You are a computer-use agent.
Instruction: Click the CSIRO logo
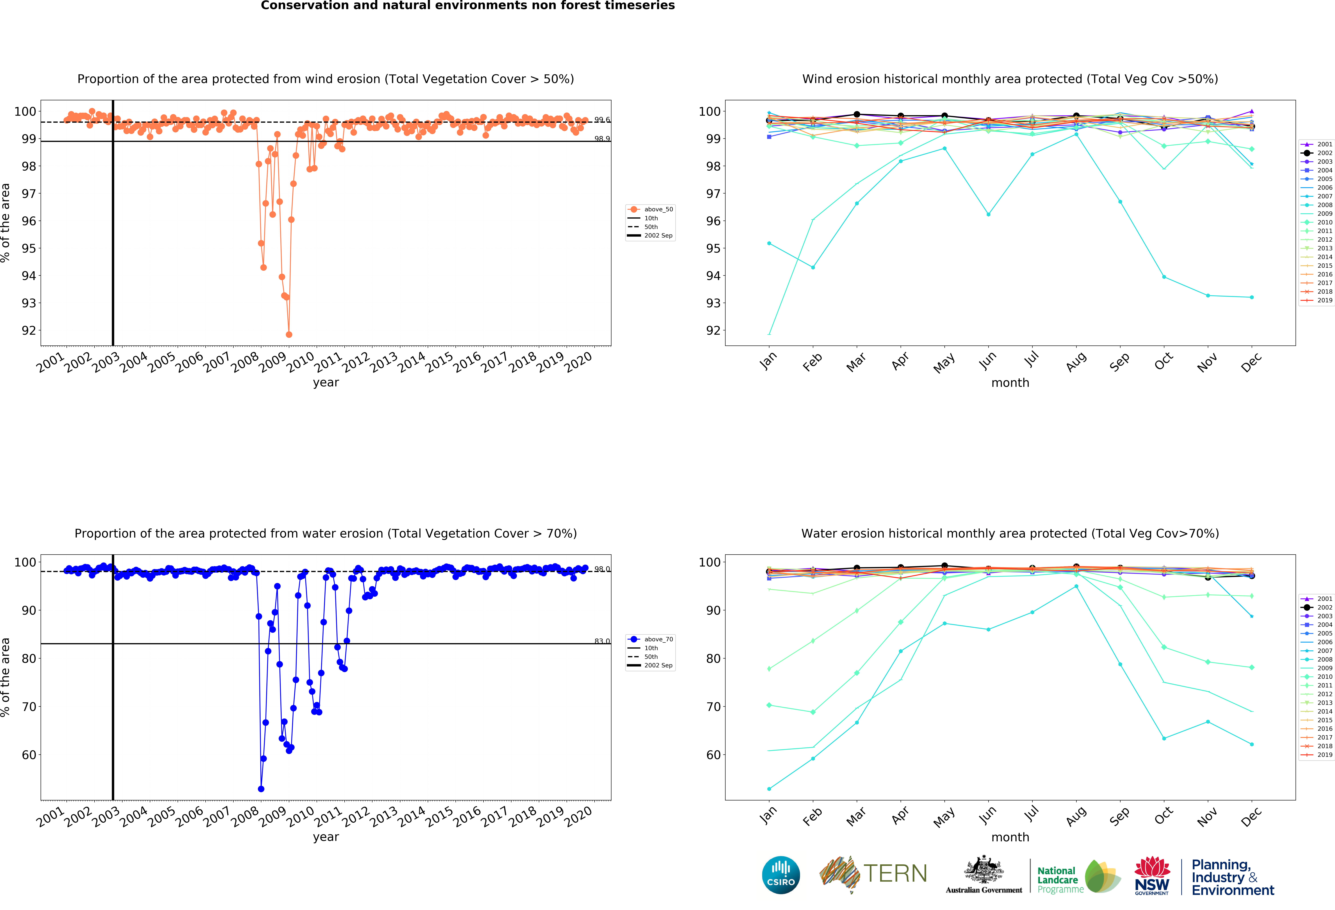pyautogui.click(x=781, y=875)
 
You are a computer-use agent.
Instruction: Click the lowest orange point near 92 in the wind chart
pyautogui.click(x=289, y=334)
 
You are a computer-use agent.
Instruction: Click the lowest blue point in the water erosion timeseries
pyautogui.click(x=261, y=789)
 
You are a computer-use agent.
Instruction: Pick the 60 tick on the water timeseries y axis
pyautogui.click(x=29, y=755)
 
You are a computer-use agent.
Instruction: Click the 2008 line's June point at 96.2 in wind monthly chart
pyautogui.click(x=988, y=214)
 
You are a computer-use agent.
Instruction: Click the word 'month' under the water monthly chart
pyautogui.click(x=1010, y=837)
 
